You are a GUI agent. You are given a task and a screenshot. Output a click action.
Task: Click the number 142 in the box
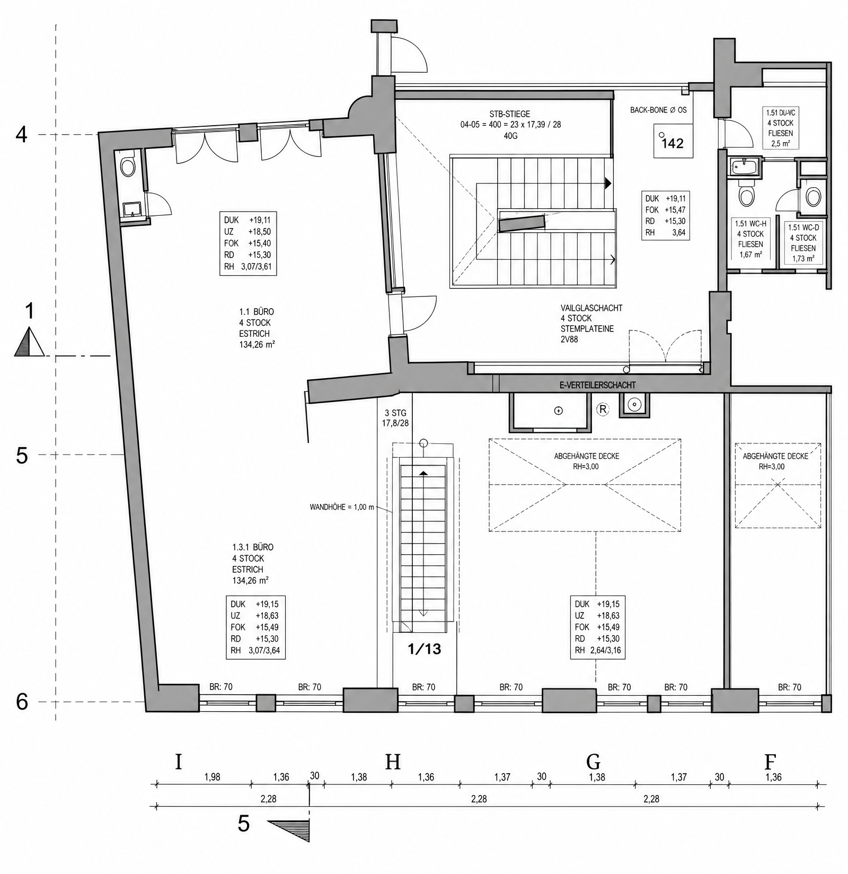click(x=673, y=143)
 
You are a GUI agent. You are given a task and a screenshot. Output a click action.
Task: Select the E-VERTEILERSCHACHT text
click(x=597, y=386)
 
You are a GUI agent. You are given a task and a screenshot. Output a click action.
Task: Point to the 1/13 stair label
click(x=425, y=649)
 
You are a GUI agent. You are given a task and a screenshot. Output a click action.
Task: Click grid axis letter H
click(x=392, y=762)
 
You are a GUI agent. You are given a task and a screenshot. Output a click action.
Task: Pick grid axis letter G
click(x=593, y=762)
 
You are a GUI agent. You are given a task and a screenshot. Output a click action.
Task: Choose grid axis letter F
click(x=770, y=762)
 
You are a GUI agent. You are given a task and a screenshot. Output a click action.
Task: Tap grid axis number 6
click(x=22, y=702)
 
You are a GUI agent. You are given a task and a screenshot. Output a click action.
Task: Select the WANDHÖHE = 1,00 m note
click(x=342, y=507)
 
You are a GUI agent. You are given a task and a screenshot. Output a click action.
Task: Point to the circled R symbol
click(x=603, y=408)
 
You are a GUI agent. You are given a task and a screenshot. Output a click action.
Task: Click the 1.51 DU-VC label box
click(x=780, y=128)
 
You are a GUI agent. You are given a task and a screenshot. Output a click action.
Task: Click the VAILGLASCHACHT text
click(x=591, y=308)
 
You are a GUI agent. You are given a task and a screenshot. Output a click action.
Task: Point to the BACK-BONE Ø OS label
click(x=658, y=110)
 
